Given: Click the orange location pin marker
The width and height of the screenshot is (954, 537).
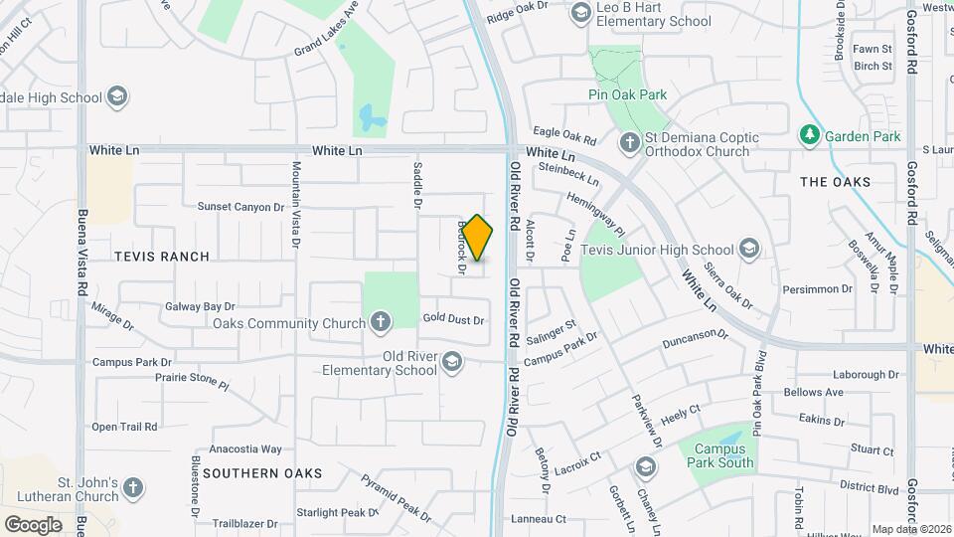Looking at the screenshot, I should (478, 238).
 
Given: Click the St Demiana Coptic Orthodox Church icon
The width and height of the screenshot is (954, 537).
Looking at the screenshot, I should (629, 144).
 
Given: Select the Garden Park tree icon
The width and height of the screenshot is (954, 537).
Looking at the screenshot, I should (810, 136).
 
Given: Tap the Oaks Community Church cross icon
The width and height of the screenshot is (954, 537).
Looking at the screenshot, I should (380, 322).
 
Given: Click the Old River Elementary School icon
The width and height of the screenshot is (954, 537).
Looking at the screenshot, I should (453, 360).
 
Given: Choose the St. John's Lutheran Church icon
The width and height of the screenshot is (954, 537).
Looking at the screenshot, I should (133, 488).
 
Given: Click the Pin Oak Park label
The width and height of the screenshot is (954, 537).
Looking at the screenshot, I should (626, 95).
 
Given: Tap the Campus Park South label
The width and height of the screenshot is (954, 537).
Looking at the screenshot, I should (722, 455).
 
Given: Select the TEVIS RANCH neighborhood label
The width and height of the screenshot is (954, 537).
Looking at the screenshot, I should (162, 257).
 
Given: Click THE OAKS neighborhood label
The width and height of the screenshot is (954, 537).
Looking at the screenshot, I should (835, 182).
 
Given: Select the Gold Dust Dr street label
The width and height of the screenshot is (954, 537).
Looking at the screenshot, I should (452, 319).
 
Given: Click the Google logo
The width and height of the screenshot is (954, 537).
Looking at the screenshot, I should (33, 524).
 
